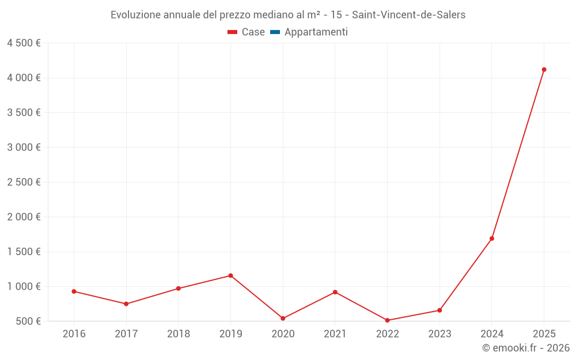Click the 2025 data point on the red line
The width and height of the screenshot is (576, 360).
pos(544,70)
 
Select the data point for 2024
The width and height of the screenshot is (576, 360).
pos(492,238)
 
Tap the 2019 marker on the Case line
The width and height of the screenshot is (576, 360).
pos(230,275)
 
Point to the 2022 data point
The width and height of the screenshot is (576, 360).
pos(387,320)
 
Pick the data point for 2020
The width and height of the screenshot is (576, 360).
pos(283,318)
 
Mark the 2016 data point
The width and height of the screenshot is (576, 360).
pos(74,291)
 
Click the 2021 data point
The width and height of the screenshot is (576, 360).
pos(335,292)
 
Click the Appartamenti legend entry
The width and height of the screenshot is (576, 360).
pos(316,32)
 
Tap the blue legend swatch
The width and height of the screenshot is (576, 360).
pos(275,32)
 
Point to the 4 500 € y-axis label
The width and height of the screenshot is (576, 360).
pos(24,43)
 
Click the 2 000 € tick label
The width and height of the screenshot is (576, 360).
pos(24,217)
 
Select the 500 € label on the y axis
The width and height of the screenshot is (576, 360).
pos(28,321)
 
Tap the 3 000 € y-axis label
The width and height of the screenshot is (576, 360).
pos(24,147)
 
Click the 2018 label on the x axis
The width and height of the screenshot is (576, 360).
pos(178,334)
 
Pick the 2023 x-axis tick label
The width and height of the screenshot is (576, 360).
pos(439,334)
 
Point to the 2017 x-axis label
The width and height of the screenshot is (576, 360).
pos(126,334)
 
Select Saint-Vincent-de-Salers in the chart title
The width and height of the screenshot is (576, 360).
pos(408,15)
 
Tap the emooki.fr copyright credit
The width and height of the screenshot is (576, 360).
pos(526,348)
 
